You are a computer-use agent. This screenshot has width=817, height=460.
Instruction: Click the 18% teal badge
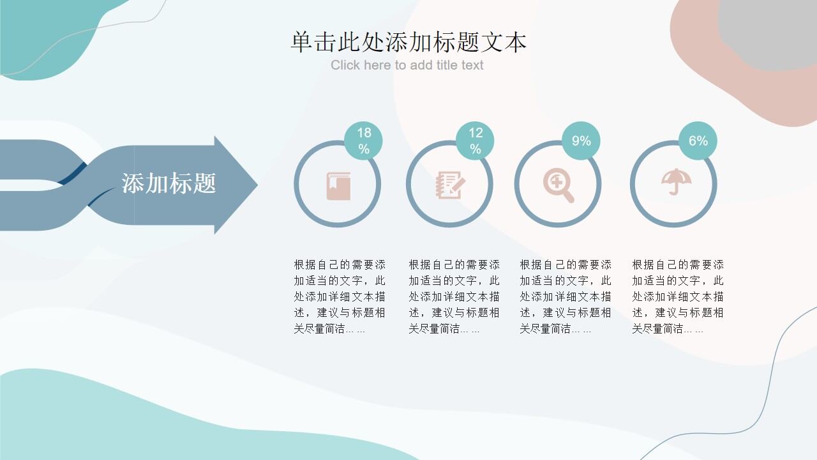point(363,141)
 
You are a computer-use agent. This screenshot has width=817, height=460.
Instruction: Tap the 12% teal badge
point(475,141)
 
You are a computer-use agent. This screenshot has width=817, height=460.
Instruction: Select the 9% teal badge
point(581,141)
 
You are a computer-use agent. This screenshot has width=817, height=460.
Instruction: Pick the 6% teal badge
point(698,141)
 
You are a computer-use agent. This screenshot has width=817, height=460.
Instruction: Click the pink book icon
point(338,186)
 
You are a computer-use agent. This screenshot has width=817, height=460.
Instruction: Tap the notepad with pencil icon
point(450,185)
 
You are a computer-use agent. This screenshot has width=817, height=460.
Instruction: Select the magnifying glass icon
point(558,185)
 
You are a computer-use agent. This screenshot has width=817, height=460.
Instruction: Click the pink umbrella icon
point(673,182)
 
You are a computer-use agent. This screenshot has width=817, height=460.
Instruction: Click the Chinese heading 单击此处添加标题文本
point(408,42)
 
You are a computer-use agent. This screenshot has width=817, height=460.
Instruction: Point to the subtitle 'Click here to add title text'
point(407,65)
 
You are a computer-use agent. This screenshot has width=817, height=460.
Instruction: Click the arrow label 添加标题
point(169,183)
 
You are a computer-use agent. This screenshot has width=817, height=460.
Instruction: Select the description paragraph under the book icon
point(340,296)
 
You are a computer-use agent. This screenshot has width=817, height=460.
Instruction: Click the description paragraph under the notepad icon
point(454,296)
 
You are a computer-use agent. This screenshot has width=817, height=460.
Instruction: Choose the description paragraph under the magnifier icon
point(566,296)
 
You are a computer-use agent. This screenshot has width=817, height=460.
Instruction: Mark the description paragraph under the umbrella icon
point(678,296)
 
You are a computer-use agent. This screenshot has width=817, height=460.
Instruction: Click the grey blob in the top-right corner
point(772,35)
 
